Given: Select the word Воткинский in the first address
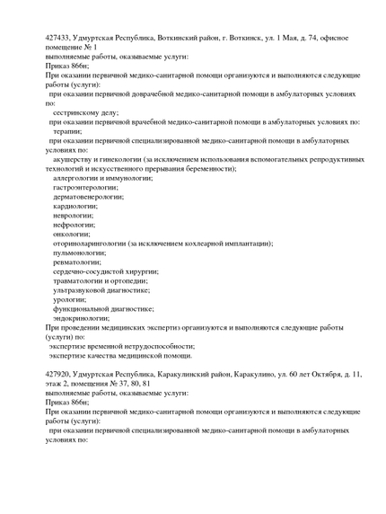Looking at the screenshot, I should (x=177, y=39).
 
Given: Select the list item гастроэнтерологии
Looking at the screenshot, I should (x=91, y=187).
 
